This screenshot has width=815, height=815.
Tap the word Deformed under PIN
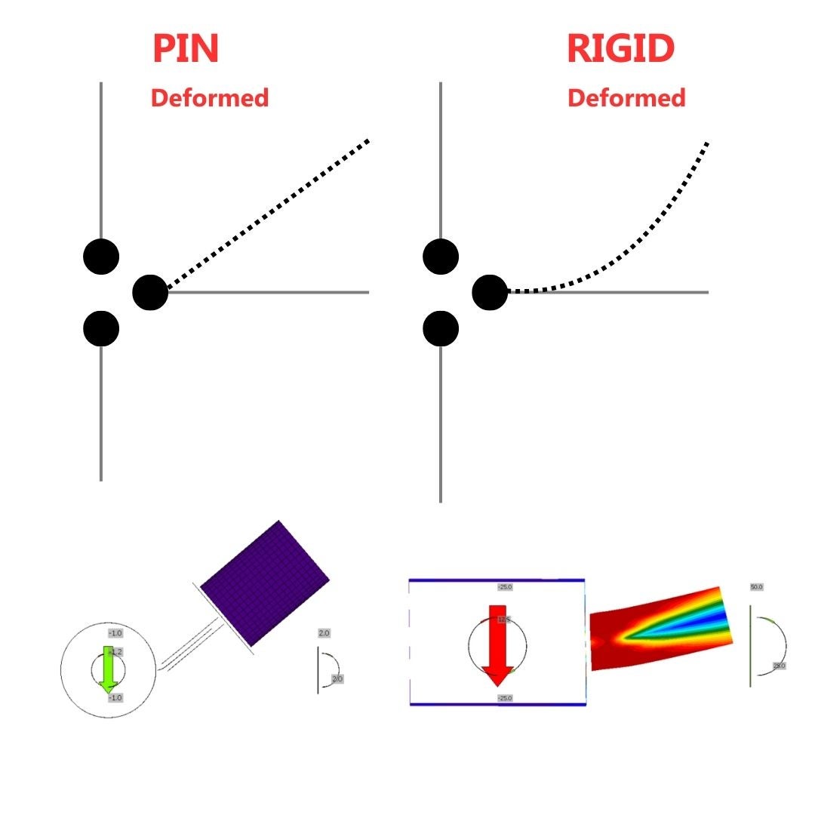(210, 98)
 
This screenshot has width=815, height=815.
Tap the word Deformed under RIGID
(626, 98)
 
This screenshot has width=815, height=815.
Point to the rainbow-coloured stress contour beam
(660, 627)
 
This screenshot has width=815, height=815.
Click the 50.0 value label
(756, 586)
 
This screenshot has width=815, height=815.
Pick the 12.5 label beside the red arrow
(503, 620)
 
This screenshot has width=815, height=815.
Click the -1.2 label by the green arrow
(115, 651)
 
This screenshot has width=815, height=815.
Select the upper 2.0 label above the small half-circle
(324, 633)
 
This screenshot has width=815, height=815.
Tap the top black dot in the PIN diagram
(101, 257)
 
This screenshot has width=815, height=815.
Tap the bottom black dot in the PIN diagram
(101, 329)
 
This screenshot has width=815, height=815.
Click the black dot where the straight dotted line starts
(150, 293)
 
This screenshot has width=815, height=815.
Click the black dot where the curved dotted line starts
(490, 293)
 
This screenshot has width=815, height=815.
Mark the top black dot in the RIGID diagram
(441, 257)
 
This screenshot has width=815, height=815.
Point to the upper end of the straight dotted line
(367, 141)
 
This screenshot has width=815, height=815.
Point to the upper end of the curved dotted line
(706, 143)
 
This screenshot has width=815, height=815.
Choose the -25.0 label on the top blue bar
(505, 586)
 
